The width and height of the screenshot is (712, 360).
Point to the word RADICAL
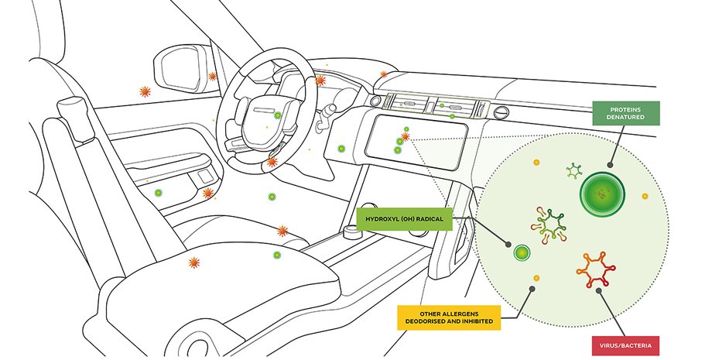point(426,220)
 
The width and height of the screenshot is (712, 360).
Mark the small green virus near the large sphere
point(573,170)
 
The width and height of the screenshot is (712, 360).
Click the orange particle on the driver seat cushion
point(193,263)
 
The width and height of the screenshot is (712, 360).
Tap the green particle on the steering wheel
point(277,116)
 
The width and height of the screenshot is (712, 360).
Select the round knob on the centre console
point(353,230)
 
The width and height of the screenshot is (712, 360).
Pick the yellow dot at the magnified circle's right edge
point(645,197)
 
